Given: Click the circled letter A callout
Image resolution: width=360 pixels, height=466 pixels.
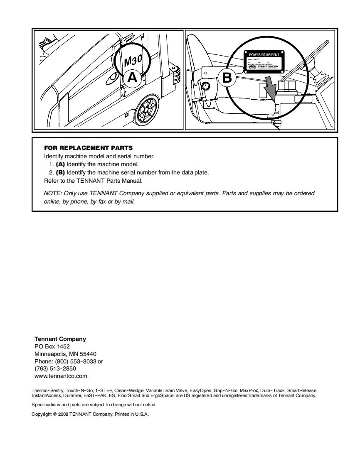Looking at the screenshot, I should [x=132, y=78].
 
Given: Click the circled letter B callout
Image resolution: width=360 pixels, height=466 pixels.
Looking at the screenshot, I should [x=227, y=78].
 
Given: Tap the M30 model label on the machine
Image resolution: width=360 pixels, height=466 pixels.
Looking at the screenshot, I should [x=133, y=61].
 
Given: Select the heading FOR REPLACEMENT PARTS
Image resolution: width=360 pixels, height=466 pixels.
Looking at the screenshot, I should [x=89, y=148].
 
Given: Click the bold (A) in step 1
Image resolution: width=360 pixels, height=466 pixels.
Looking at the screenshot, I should [x=61, y=164].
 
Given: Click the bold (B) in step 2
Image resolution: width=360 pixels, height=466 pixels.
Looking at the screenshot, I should [x=61, y=172].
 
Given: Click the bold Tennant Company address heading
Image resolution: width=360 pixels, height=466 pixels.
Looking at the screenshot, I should [x=60, y=339].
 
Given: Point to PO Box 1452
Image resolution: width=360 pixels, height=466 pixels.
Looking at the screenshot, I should [x=52, y=346].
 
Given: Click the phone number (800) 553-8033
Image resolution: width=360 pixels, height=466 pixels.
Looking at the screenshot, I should [x=75, y=361].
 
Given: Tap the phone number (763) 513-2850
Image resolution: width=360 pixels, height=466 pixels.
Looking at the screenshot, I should [x=55, y=368].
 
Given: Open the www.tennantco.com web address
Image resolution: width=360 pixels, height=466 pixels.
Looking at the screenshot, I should [x=61, y=376].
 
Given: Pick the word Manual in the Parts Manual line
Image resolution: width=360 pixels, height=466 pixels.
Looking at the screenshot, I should [x=132, y=181].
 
